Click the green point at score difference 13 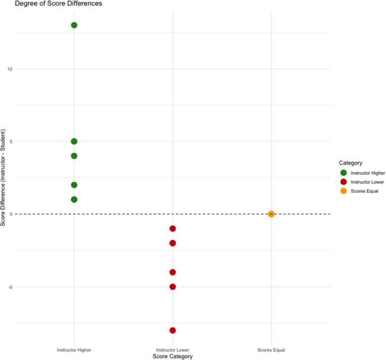(x=74, y=25)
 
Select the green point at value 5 (x=74, y=141)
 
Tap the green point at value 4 (x=74, y=156)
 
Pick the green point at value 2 (x=74, y=185)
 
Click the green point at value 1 (x=74, y=199)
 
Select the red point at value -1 (x=173, y=229)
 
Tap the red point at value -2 (x=173, y=243)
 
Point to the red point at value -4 (x=173, y=272)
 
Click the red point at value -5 (x=173, y=287)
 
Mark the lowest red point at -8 (x=173, y=331)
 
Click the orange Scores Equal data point (x=271, y=214)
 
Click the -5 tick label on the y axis (x=9, y=287)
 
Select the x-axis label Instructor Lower (x=173, y=350)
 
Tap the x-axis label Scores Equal (x=271, y=350)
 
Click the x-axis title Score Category (x=173, y=357)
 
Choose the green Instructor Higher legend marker (x=344, y=173)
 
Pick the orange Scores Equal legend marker (x=344, y=191)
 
